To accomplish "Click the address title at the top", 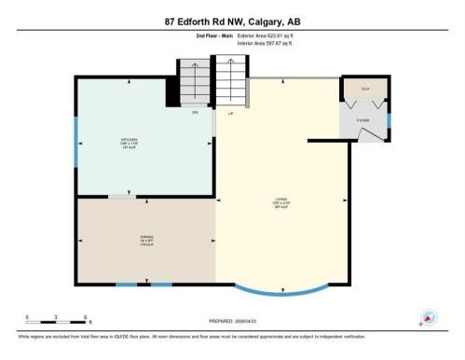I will [232, 21].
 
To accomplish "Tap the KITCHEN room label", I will [130, 140].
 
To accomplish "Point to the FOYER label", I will [362, 121].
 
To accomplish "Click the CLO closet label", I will [365, 89].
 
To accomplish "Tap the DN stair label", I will [196, 113].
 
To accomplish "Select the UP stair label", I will [230, 113].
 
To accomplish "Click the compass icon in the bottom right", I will [430, 317].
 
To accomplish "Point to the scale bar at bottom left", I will [56, 322].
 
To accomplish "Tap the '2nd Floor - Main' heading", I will [213, 35].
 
